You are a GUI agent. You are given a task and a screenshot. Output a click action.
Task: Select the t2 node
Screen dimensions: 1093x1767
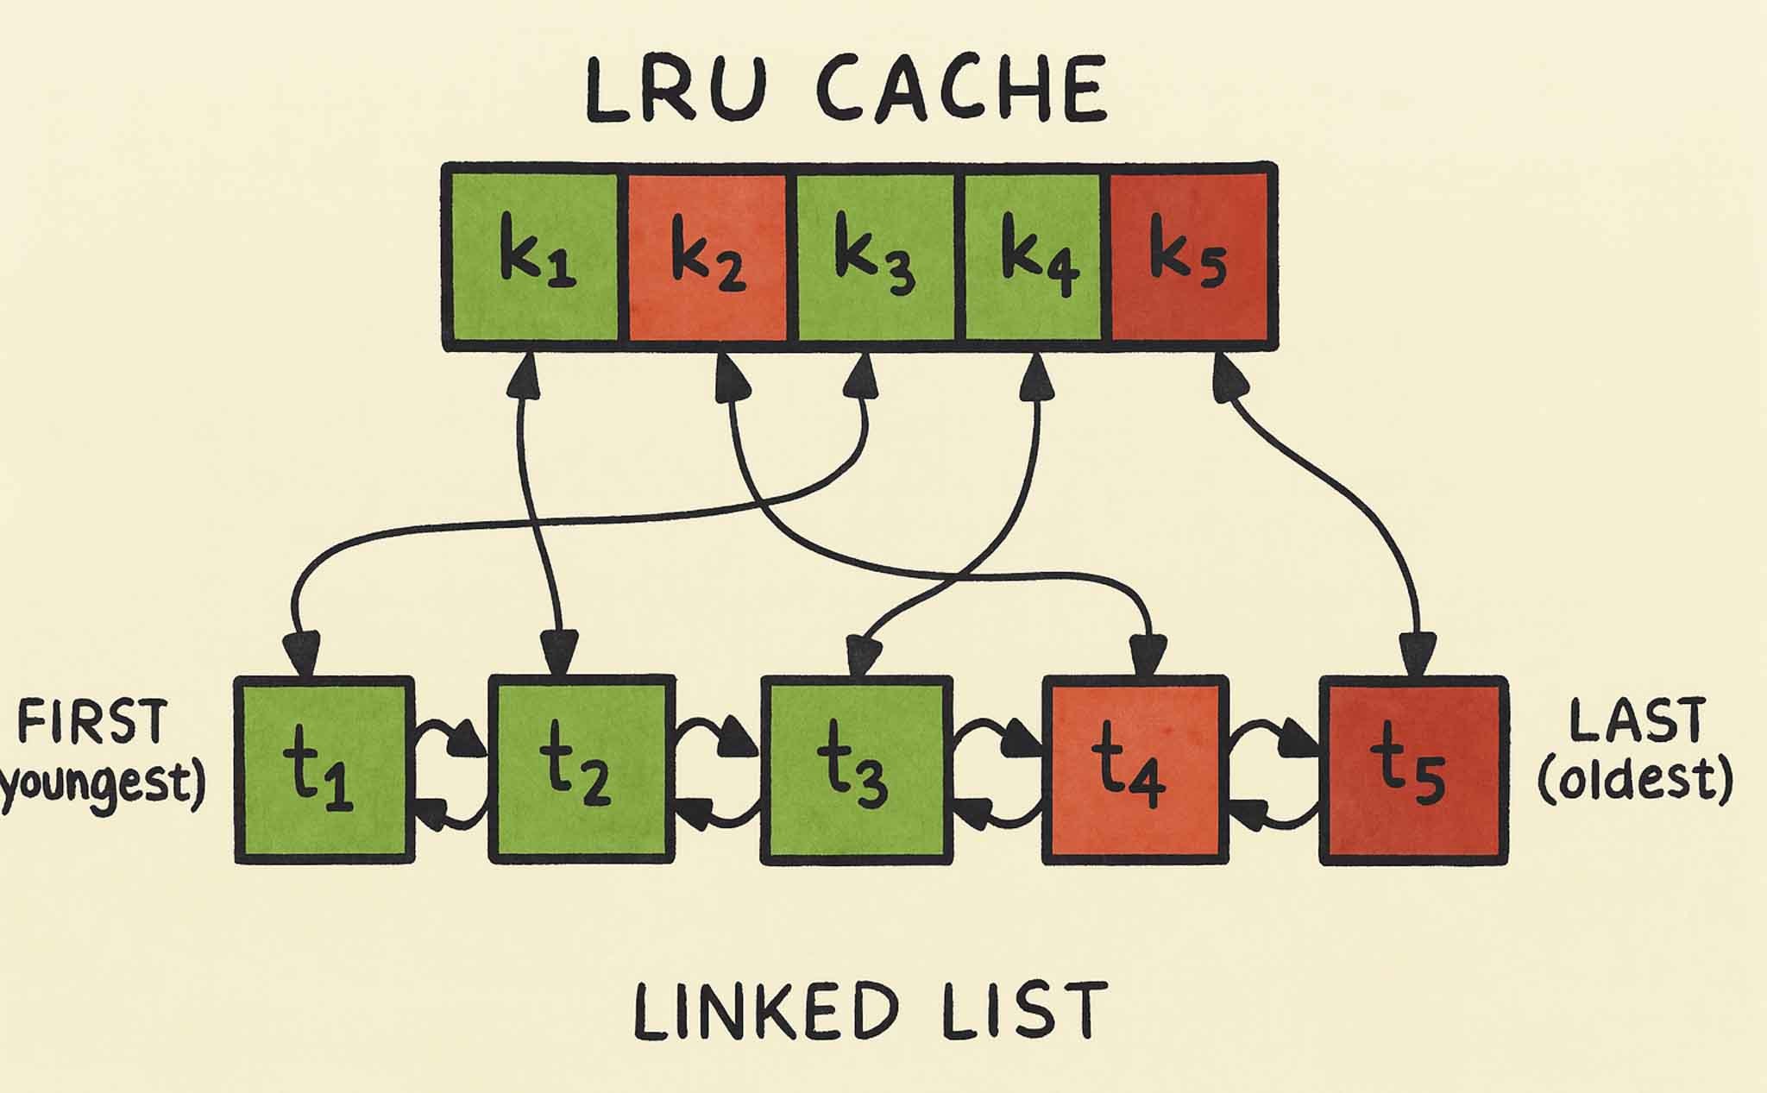click(581, 769)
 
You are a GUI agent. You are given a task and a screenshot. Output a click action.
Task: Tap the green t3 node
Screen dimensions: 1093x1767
click(856, 769)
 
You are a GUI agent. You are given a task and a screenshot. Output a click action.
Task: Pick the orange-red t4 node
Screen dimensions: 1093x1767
click(1135, 769)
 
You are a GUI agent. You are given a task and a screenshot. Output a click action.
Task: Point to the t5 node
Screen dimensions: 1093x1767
click(1413, 769)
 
